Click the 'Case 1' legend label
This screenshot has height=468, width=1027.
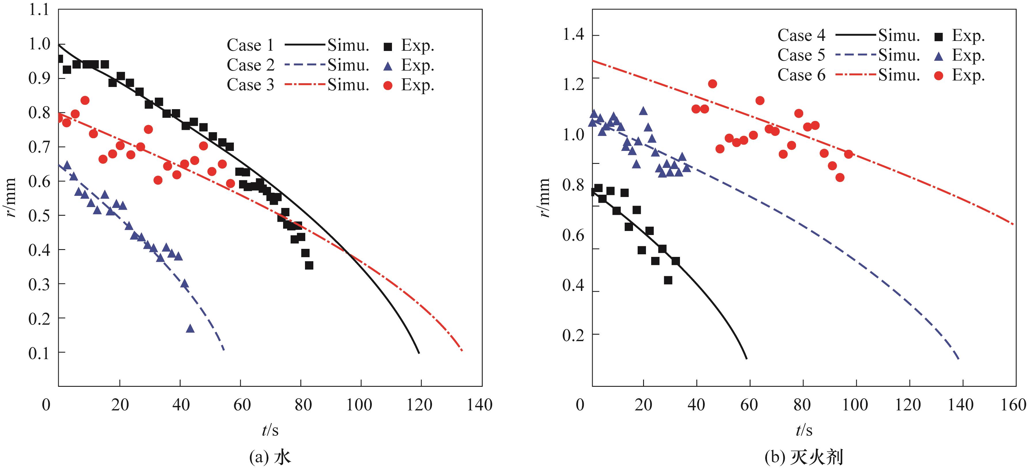250,46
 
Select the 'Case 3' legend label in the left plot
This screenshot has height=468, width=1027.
250,85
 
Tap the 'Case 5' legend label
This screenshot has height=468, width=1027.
801,55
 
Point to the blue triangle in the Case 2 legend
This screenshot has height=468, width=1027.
388,66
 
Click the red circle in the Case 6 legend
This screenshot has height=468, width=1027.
939,75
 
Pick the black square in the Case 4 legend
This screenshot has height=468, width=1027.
939,37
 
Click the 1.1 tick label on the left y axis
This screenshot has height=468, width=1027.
39,10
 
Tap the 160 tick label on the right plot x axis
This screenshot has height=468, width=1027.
1014,405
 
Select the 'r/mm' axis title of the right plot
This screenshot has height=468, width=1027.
545,198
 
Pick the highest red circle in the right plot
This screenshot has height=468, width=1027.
713,84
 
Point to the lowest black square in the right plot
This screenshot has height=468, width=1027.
668,280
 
